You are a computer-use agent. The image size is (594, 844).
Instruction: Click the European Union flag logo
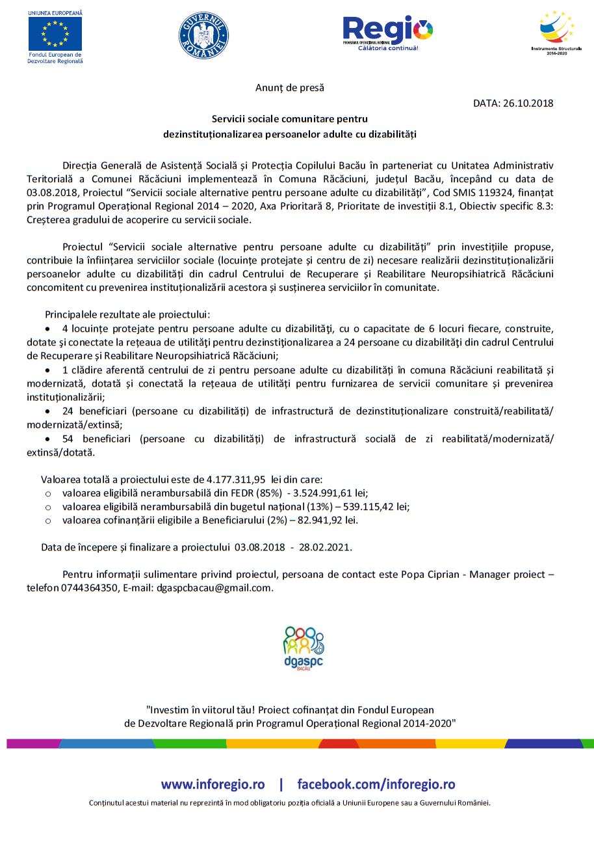[55, 33]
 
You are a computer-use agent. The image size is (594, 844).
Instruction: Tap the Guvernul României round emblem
[203, 35]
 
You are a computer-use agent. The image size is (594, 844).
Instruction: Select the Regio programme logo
[387, 33]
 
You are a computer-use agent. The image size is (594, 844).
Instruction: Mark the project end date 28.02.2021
[324, 547]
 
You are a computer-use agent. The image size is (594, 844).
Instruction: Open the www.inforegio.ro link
[213, 783]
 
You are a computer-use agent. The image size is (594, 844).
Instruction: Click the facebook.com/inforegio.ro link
[376, 783]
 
